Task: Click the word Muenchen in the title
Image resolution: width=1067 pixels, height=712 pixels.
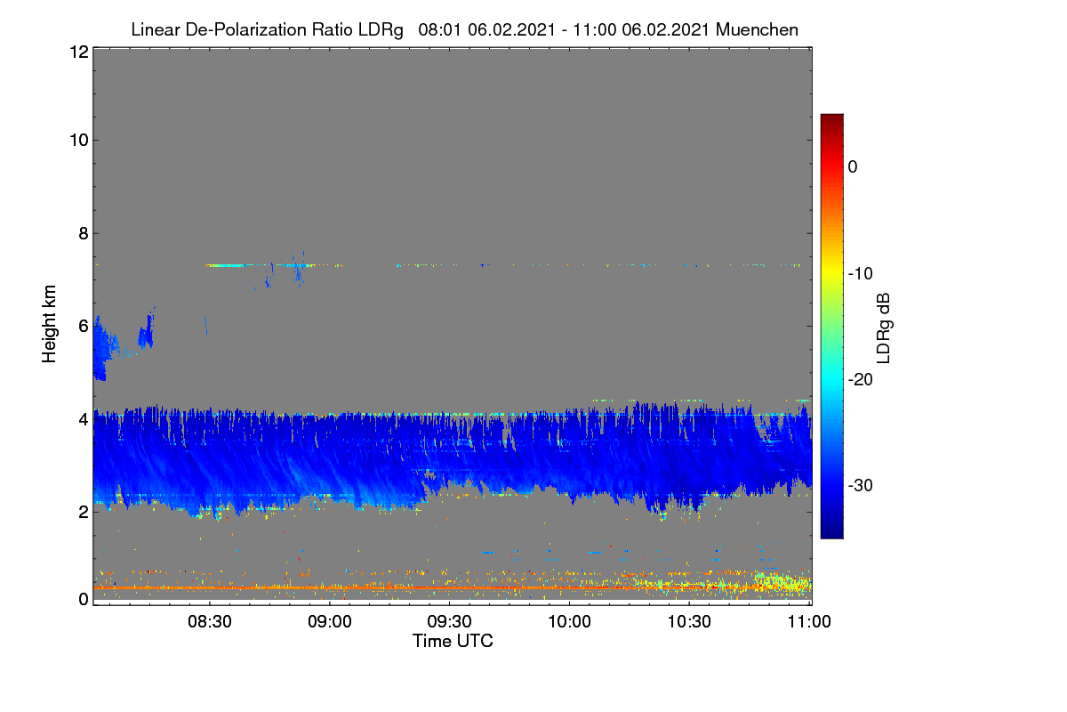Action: [x=757, y=29]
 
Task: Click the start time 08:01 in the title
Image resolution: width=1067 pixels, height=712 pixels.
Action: [x=439, y=29]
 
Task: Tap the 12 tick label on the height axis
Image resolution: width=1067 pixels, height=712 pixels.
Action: [x=79, y=52]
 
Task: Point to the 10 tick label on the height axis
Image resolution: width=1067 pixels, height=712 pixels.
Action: [x=79, y=141]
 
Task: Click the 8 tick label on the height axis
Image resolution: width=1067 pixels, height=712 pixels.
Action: [x=84, y=233]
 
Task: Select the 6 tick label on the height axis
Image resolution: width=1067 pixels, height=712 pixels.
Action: [x=84, y=327]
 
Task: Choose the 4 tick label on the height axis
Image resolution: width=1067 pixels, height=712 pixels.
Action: [x=84, y=420]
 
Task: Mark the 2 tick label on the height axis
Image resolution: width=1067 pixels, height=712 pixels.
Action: [x=84, y=512]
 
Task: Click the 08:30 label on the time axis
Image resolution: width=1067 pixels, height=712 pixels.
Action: [x=210, y=621]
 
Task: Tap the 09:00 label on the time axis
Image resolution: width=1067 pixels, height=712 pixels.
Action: [x=330, y=621]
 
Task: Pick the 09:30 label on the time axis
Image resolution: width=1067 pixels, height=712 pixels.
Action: [x=449, y=621]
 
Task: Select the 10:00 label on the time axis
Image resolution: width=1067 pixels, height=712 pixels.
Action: [x=569, y=621]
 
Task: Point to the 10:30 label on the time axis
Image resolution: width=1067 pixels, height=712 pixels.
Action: [x=689, y=621]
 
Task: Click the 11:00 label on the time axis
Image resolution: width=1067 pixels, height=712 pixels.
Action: [x=809, y=621]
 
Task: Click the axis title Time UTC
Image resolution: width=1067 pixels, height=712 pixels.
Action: [x=453, y=641]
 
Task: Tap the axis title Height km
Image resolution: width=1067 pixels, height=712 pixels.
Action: [x=49, y=324]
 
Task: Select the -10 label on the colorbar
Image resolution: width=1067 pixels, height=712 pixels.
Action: [x=861, y=273]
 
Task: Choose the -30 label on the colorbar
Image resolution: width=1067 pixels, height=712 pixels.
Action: [x=861, y=485]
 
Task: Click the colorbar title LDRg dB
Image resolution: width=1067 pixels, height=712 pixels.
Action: [x=884, y=328]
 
